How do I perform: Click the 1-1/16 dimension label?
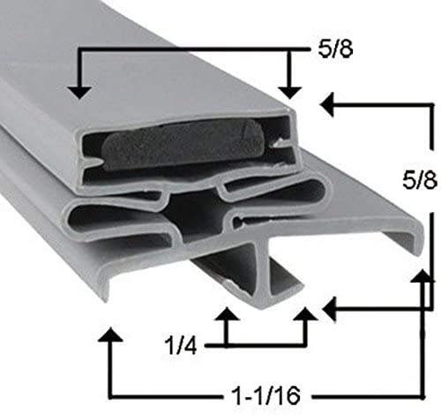click(x=265, y=396)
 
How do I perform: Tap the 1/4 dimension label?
click(x=182, y=345)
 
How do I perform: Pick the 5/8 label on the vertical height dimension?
click(x=420, y=180)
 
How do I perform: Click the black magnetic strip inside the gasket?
click(x=183, y=146)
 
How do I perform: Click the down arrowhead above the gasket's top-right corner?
click(x=289, y=93)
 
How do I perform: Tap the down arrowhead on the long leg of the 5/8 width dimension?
click(x=79, y=93)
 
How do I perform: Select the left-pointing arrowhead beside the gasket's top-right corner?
click(x=327, y=104)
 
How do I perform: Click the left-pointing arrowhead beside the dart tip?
click(x=329, y=309)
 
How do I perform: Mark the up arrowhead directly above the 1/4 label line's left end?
click(x=227, y=313)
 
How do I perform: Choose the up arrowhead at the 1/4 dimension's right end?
click(x=306, y=313)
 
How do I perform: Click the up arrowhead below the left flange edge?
click(x=110, y=334)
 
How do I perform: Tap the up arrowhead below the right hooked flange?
click(x=422, y=275)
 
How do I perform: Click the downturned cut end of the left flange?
click(x=108, y=283)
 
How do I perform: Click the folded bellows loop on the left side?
click(x=117, y=219)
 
